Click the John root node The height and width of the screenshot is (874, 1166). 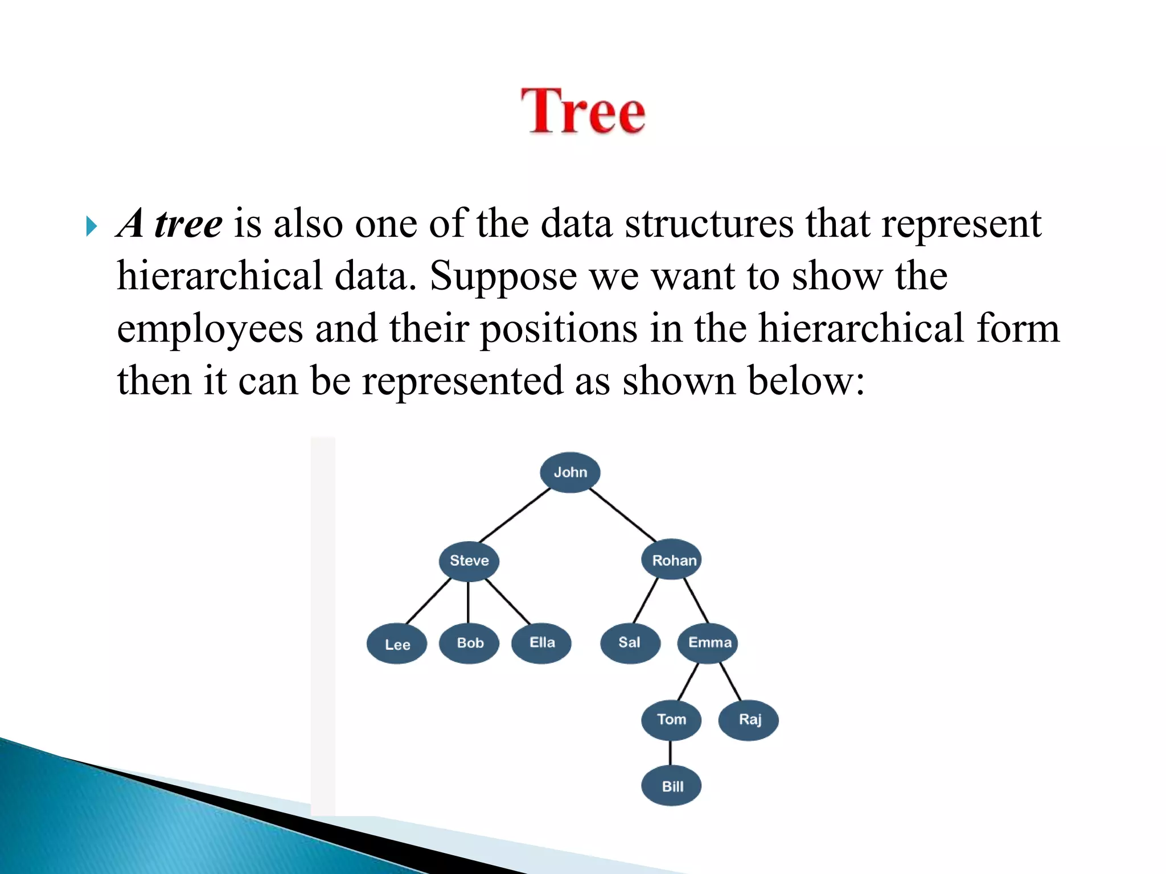pos(570,472)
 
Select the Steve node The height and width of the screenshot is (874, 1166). pos(469,560)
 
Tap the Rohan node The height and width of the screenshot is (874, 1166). pos(672,560)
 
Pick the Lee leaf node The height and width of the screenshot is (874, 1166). pos(397,644)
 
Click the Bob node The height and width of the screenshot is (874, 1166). pos(469,643)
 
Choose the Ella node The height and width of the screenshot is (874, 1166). pos(541,643)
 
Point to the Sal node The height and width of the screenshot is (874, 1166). pos(630,643)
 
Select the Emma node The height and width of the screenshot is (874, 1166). pos(708,643)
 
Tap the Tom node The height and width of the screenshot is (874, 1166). pos(671,720)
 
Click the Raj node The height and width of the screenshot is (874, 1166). pos(749,720)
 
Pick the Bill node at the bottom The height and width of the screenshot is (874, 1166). pos(671,786)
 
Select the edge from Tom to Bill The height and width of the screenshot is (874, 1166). pos(671,753)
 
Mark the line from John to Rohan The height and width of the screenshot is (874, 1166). pos(623,515)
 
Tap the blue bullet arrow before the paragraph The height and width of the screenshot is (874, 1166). pos(92,226)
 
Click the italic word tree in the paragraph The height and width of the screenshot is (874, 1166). pos(188,224)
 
